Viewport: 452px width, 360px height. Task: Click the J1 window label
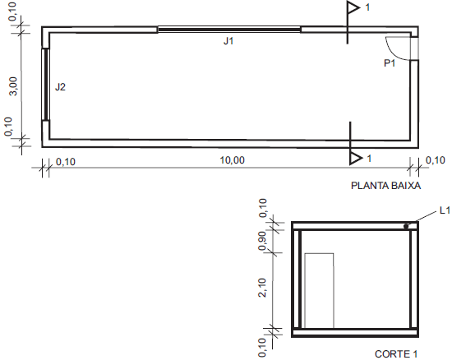228,41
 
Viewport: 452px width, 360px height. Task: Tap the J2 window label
60,87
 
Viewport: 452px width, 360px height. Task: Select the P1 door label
390,62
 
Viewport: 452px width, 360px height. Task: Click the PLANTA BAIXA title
385,185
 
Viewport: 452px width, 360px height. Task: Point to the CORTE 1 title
396,353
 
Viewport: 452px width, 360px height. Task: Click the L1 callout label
445,210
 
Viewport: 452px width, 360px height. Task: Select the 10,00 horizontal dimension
232,160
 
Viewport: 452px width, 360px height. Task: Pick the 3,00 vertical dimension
13,86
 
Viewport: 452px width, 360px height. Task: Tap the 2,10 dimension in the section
262,288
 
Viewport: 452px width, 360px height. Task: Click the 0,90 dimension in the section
262,241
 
